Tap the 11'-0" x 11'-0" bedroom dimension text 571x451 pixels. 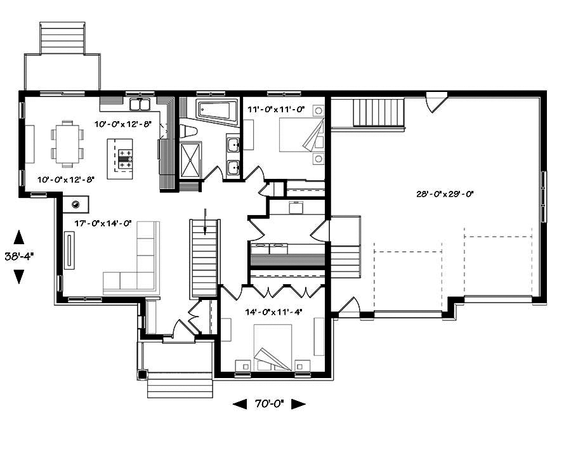(277, 109)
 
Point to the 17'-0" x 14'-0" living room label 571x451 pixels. (102, 223)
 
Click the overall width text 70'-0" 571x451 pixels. (269, 403)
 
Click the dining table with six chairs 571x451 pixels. (67, 142)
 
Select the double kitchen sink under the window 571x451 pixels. (139, 104)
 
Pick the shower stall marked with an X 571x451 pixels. (190, 161)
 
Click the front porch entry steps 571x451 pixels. (180, 384)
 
